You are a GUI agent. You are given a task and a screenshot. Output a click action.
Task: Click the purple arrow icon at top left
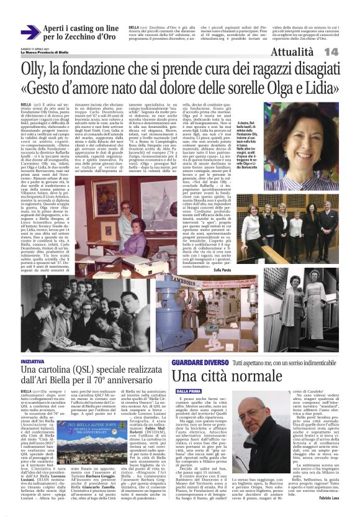(30, 32)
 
